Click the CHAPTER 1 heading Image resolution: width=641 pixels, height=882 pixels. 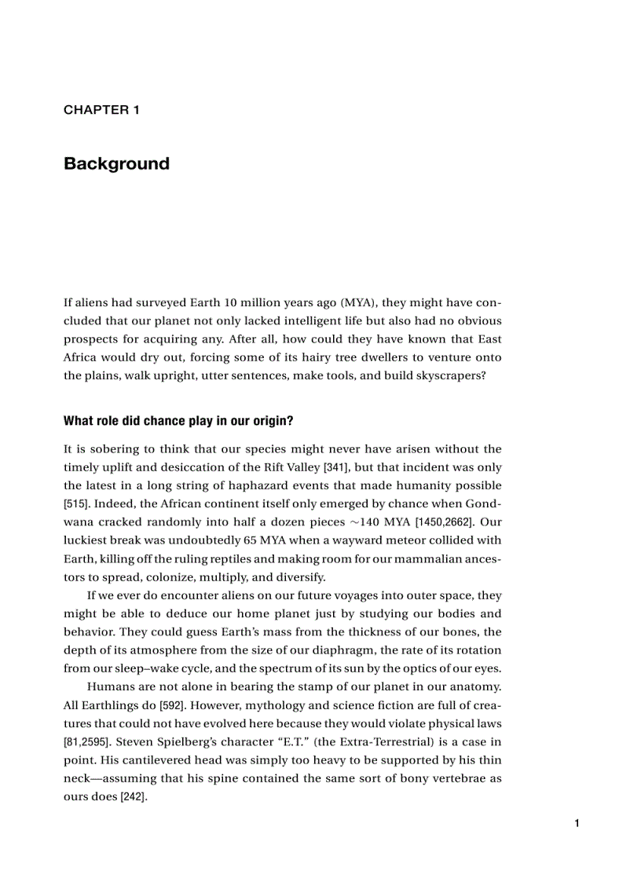point(101,110)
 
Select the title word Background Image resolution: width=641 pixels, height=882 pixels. point(116,163)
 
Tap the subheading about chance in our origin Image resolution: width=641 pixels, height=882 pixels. point(178,421)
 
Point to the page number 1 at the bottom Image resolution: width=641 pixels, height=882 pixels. point(577,823)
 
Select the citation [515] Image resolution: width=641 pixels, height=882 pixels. point(76,503)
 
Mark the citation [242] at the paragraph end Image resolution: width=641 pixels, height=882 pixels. point(133,796)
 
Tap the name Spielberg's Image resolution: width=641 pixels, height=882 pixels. point(205,742)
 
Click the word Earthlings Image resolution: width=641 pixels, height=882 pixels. point(109,705)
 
